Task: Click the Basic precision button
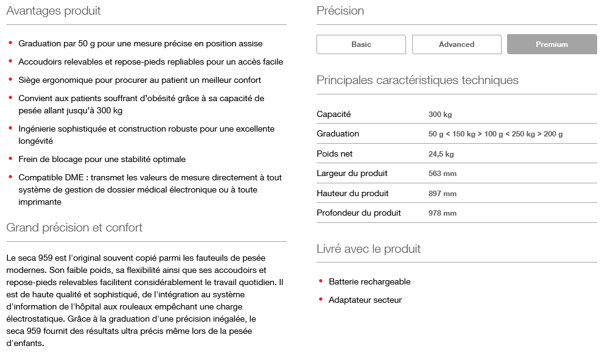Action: [x=361, y=44]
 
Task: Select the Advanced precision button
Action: [x=457, y=44]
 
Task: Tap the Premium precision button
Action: [x=552, y=44]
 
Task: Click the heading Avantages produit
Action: [x=54, y=11]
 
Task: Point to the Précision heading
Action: [x=340, y=11]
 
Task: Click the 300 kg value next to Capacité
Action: [x=440, y=115]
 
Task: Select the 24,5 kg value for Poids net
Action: [x=441, y=154]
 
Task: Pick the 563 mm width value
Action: [x=443, y=174]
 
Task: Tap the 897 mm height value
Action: [x=443, y=194]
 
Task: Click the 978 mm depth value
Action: [x=443, y=213]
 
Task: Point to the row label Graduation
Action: [x=338, y=133]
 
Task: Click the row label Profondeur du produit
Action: [x=359, y=213]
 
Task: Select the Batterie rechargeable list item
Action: [x=370, y=281]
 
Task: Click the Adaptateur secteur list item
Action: [x=365, y=300]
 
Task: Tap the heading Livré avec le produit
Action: [x=368, y=249]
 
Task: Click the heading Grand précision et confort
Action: [x=74, y=228]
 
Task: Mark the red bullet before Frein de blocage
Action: [x=10, y=158]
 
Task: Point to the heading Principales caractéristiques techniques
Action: [x=418, y=80]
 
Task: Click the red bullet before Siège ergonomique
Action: [x=10, y=79]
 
